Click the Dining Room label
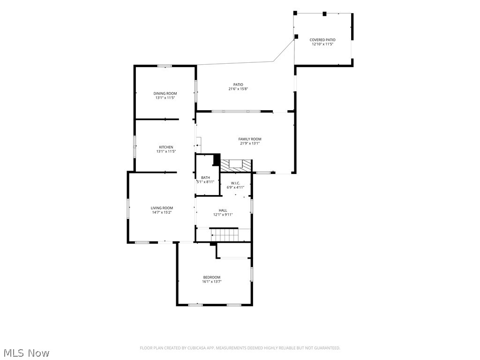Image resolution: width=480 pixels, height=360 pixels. click(x=165, y=93)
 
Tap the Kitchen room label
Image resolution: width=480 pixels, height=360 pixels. click(x=166, y=147)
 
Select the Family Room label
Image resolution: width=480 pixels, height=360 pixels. click(x=250, y=139)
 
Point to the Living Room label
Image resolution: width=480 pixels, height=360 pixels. click(x=162, y=208)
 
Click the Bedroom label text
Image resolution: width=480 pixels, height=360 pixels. click(x=211, y=277)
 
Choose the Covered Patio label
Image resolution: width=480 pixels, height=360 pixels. click(x=322, y=40)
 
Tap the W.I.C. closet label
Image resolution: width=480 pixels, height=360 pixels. click(x=235, y=183)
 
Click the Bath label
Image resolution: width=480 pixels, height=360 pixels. click(x=205, y=178)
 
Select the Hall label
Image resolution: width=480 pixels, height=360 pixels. click(x=223, y=210)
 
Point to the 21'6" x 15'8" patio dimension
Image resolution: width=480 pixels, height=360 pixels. click(x=238, y=89)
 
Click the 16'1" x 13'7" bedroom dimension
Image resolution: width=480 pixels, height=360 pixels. click(x=211, y=282)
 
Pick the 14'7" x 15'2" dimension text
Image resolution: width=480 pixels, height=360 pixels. click(x=162, y=212)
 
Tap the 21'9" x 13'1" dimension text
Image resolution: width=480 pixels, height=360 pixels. click(x=250, y=143)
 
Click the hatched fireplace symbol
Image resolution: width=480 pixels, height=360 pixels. click(x=236, y=166)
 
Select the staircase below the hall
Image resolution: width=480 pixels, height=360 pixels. click(x=224, y=234)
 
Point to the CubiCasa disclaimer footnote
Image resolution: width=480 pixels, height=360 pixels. click(x=240, y=348)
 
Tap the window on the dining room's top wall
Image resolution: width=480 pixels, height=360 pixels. click(x=165, y=66)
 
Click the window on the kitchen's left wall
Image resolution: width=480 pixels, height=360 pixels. click(x=135, y=147)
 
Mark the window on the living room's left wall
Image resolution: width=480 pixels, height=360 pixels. click(x=128, y=209)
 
